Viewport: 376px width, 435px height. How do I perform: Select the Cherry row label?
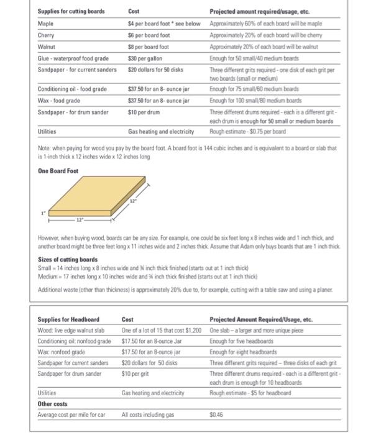[x=47, y=35]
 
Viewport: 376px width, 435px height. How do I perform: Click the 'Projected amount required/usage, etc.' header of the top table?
[x=260, y=12]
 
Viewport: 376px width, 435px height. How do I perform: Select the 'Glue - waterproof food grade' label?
[x=73, y=58]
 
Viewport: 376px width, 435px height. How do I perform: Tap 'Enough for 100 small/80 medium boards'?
[x=256, y=100]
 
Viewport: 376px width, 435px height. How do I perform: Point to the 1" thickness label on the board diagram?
[x=44, y=213]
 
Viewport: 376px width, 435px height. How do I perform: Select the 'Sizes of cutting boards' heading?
[x=68, y=259]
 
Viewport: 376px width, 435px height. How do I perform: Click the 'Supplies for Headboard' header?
[x=68, y=319]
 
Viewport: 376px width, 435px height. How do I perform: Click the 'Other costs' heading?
[x=53, y=404]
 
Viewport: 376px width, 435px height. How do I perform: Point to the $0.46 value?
[x=216, y=415]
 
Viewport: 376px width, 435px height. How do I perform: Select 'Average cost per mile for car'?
[x=71, y=415]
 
